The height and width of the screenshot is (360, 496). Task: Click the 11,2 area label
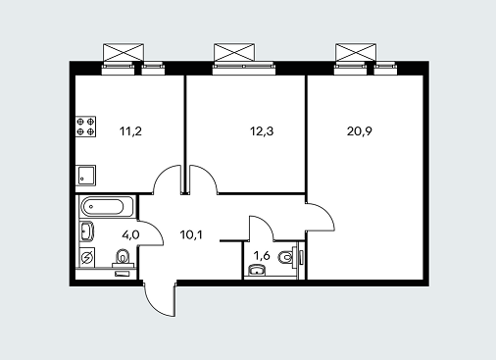click(130, 131)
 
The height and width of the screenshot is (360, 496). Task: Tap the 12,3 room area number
click(262, 131)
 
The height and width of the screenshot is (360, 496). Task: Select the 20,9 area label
click(360, 131)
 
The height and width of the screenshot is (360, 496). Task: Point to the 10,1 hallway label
click(191, 234)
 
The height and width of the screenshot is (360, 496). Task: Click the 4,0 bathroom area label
click(130, 234)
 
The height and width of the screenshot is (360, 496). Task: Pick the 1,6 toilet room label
click(262, 256)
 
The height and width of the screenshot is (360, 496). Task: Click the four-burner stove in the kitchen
click(86, 127)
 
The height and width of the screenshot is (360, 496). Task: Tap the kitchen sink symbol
click(86, 176)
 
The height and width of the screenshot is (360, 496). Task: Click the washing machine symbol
click(87, 257)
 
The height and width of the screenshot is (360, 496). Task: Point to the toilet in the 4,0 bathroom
click(123, 258)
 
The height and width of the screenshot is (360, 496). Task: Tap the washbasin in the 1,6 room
click(257, 271)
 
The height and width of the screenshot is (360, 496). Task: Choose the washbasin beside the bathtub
click(87, 231)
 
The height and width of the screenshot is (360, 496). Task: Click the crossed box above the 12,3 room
click(234, 52)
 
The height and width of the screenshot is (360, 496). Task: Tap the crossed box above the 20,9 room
click(356, 52)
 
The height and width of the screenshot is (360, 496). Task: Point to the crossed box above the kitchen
click(124, 52)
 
